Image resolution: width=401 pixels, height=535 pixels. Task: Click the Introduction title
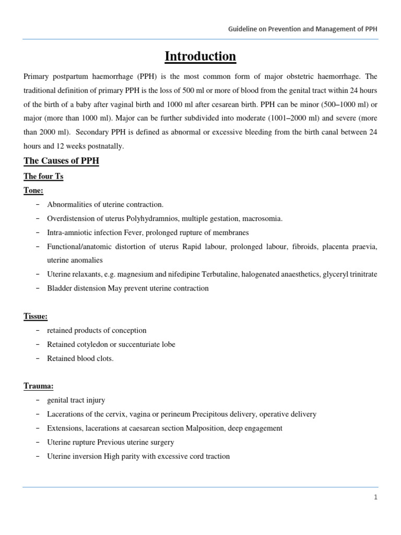click(200, 56)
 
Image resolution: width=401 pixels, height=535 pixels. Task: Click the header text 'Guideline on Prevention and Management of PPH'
click(303, 29)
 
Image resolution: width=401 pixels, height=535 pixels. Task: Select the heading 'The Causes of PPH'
click(61, 161)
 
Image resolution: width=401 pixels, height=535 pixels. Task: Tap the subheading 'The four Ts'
click(43, 177)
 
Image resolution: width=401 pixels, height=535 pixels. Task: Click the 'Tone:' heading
click(33, 191)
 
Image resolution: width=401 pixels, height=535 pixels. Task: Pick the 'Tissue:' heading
click(36, 316)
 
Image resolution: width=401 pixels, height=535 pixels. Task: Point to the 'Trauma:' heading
click(38, 386)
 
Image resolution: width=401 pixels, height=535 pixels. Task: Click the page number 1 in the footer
click(375, 497)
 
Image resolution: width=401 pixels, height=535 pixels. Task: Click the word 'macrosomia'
click(262, 218)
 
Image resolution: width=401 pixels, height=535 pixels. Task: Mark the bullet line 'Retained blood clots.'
click(80, 358)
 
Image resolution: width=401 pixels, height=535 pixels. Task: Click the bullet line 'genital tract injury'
click(76, 400)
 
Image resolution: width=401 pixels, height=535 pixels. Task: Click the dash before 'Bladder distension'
click(38, 288)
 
